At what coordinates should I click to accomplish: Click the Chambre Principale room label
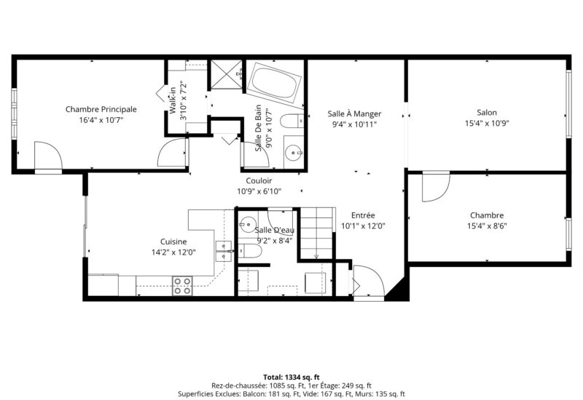(101, 110)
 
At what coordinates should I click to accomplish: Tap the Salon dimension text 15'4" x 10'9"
(487, 123)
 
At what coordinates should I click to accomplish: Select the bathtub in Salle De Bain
(275, 83)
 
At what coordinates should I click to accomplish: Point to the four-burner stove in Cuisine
(183, 286)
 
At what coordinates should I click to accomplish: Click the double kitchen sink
(224, 252)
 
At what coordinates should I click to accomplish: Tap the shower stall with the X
(227, 74)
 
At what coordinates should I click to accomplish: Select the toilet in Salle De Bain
(292, 121)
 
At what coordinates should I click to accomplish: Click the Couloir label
(259, 180)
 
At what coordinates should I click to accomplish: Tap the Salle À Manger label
(354, 113)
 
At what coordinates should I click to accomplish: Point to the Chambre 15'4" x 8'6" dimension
(487, 225)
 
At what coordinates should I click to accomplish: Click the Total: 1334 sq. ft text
(291, 377)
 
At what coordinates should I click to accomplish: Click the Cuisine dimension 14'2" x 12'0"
(173, 252)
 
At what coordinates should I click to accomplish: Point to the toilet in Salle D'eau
(250, 251)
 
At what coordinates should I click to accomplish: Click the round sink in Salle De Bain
(294, 152)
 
